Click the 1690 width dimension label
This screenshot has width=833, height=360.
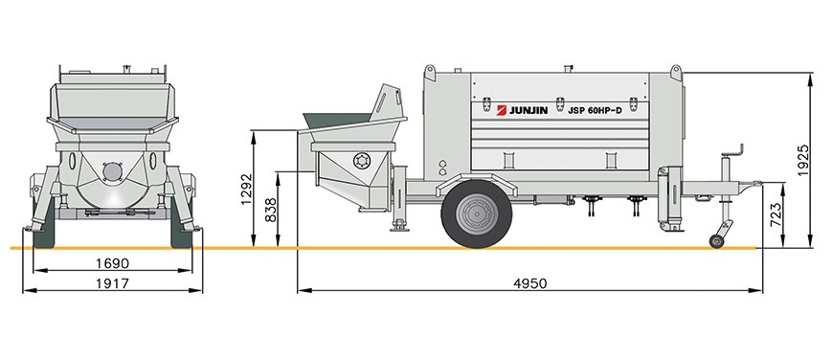pyautogui.click(x=112, y=263)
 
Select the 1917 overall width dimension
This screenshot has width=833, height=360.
pyautogui.click(x=112, y=283)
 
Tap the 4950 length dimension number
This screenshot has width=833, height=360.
pyautogui.click(x=529, y=283)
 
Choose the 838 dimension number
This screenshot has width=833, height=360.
pyautogui.click(x=271, y=211)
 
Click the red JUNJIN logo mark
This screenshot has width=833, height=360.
pyautogui.click(x=502, y=110)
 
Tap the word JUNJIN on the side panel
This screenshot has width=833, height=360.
pyautogui.click(x=529, y=111)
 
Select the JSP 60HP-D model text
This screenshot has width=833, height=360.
pyautogui.click(x=595, y=111)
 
